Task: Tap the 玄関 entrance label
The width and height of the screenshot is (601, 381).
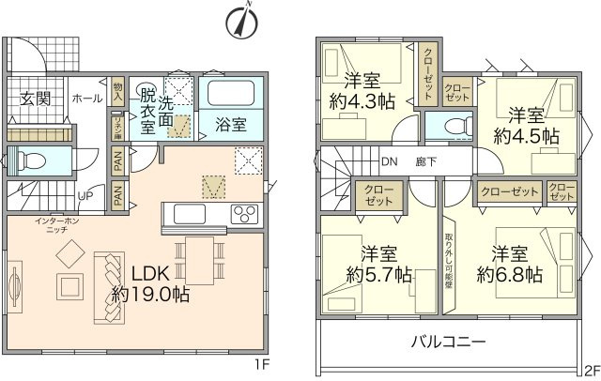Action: tap(37, 98)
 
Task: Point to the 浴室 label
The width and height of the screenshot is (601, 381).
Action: tap(230, 124)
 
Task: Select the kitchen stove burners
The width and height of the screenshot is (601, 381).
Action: tap(244, 211)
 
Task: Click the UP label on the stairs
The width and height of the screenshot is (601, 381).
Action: tap(85, 197)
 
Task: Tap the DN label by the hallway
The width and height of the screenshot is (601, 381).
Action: tap(389, 160)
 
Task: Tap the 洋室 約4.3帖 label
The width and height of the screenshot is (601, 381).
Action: tap(360, 91)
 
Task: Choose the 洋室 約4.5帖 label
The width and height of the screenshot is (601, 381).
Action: tap(528, 126)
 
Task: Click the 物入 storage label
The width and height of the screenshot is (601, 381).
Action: tap(117, 90)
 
